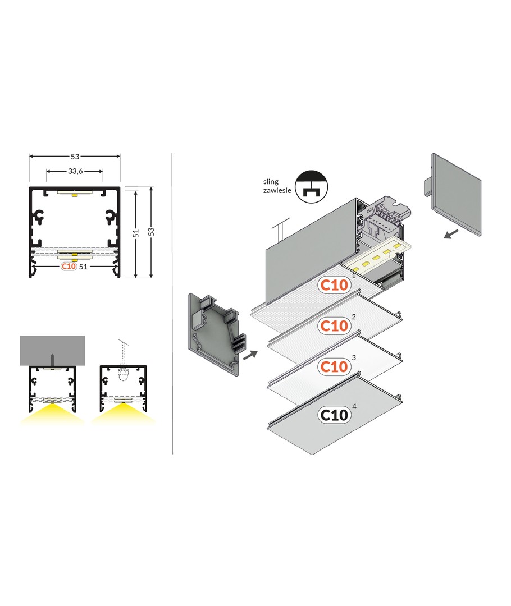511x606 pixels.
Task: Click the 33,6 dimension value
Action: pos(75,171)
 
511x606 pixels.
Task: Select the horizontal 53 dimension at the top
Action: pos(75,157)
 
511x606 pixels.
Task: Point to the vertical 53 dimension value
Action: pos(151,232)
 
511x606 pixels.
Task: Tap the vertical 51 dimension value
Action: pos(136,233)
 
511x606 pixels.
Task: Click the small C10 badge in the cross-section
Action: pos(69,267)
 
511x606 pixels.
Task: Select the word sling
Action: pos(271,182)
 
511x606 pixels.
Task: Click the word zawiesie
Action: pos(277,190)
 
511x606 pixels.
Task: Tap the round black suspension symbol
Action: pos(311,187)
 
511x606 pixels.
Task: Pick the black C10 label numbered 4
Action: pos(334,415)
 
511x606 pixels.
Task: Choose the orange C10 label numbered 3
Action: pos(334,366)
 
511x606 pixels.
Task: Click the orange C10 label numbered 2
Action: pos(334,326)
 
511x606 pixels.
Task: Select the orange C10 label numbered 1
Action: pos(334,285)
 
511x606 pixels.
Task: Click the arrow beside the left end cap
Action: pos(250,355)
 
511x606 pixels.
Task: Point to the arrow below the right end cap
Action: pos(451,234)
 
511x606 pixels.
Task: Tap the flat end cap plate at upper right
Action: pos(455,194)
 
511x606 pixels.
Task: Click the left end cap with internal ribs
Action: pos(214,334)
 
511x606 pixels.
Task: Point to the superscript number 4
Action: pos(354,406)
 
